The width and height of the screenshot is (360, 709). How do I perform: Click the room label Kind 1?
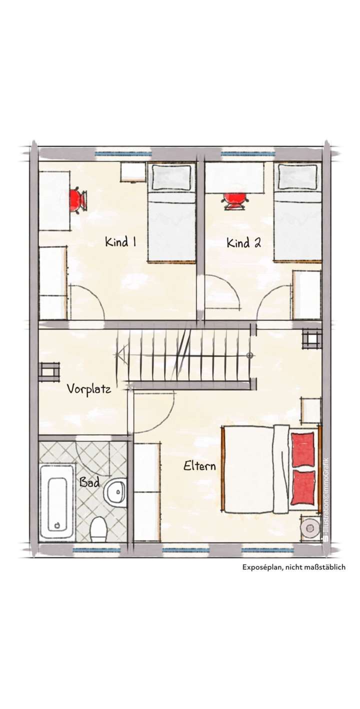(x=120, y=242)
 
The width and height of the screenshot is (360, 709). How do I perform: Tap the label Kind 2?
(x=243, y=243)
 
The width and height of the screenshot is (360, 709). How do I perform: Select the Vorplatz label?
(x=89, y=388)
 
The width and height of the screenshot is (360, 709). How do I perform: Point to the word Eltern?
(x=199, y=466)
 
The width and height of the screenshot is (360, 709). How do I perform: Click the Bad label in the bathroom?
(x=89, y=482)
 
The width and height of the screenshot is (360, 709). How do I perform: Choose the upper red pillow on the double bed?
(x=302, y=449)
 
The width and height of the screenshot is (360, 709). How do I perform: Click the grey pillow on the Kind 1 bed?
(x=171, y=177)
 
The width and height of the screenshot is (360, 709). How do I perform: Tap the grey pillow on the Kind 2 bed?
(x=298, y=177)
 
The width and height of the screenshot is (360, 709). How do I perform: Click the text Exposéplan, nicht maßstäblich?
(x=293, y=567)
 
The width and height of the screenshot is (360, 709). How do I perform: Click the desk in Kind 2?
(x=234, y=177)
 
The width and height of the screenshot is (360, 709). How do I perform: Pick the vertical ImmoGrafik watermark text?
(x=325, y=500)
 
